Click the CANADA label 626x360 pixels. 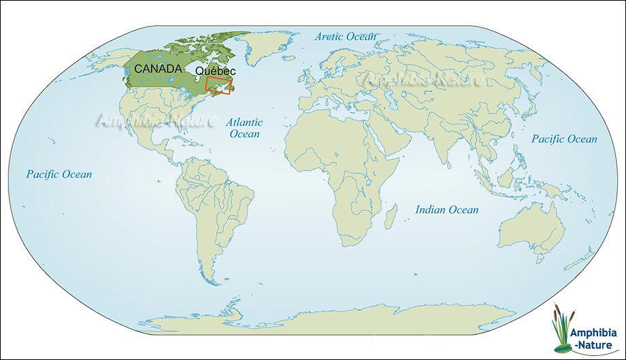(x=157, y=69)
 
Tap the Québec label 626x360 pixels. (x=215, y=71)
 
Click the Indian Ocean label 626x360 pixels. (x=446, y=210)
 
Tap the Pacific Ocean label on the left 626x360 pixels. (x=59, y=174)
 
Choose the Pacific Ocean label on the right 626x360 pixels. (x=564, y=139)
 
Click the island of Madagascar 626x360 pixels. (x=391, y=218)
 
